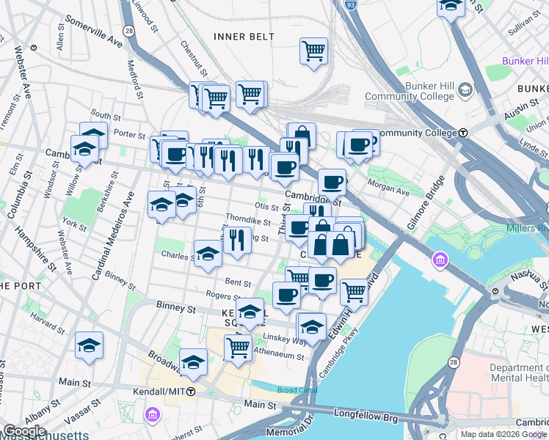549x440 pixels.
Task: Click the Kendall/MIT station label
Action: click(x=159, y=391)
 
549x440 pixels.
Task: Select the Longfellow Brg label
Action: click(x=373, y=416)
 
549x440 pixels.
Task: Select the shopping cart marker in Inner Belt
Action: click(x=313, y=51)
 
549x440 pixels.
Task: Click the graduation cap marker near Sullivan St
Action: click(x=451, y=6)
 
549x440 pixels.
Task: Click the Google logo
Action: click(x=24, y=431)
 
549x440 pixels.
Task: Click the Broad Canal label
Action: click(x=296, y=390)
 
